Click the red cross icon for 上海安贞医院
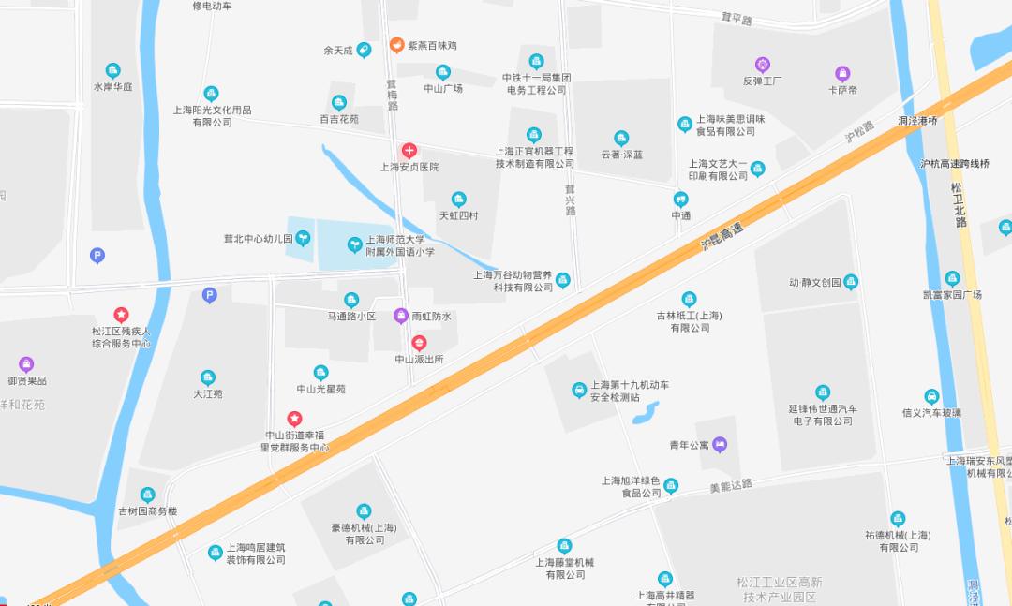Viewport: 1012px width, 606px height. pyautogui.click(x=409, y=150)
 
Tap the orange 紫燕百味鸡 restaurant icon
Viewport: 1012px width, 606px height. pyautogui.click(x=397, y=45)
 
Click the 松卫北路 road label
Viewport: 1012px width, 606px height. pyautogui.click(x=959, y=205)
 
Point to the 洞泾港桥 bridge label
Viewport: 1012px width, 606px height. pyautogui.click(x=917, y=121)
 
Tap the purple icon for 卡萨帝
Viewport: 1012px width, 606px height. pyautogui.click(x=842, y=73)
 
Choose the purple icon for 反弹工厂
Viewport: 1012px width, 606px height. pyautogui.click(x=763, y=64)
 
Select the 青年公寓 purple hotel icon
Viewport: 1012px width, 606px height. pyautogui.click(x=720, y=444)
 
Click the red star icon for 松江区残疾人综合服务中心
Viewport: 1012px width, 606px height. pyautogui.click(x=121, y=315)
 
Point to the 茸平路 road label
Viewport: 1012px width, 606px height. pyautogui.click(x=737, y=19)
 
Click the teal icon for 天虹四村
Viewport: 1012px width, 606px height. pyautogui.click(x=458, y=199)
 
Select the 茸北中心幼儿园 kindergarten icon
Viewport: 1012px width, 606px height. pyautogui.click(x=303, y=238)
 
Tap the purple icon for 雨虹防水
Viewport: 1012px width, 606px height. pyautogui.click(x=400, y=316)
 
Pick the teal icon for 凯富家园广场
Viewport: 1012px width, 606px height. pyautogui.click(x=952, y=278)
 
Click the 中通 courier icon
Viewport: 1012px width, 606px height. pyautogui.click(x=681, y=199)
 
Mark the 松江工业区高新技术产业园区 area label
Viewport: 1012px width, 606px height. pyautogui.click(x=780, y=589)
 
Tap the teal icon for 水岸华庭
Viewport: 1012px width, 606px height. pyautogui.click(x=112, y=70)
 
